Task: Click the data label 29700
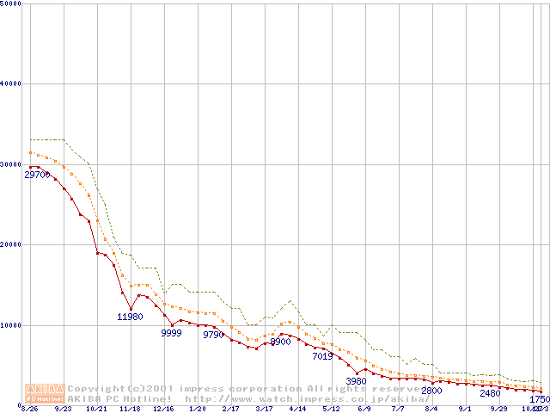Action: click(x=37, y=175)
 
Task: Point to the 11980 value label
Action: click(x=131, y=317)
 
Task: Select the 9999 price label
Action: click(x=172, y=333)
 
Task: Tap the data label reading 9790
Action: click(x=213, y=335)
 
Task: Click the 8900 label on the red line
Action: click(x=280, y=342)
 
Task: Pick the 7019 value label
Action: click(x=322, y=355)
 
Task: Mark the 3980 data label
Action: click(x=356, y=381)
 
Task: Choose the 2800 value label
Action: click(x=431, y=391)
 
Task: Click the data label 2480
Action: click(x=490, y=393)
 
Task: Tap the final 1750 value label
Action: click(x=539, y=399)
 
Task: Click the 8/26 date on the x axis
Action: click(x=29, y=410)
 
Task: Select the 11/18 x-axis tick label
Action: click(x=130, y=410)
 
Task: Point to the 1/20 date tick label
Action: click(x=197, y=410)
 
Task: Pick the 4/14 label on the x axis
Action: click(x=297, y=410)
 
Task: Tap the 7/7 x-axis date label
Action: click(x=398, y=410)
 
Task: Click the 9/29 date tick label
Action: click(x=498, y=410)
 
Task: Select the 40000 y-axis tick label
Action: click(x=11, y=83)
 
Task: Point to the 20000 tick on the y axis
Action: click(x=11, y=244)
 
